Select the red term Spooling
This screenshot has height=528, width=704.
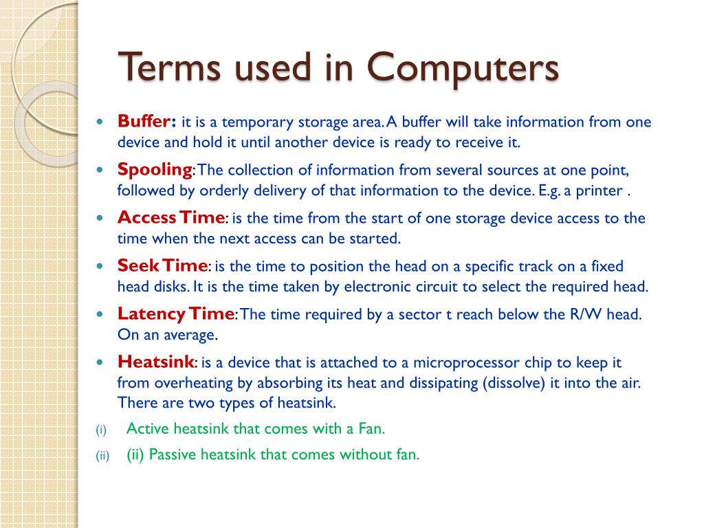click(x=155, y=169)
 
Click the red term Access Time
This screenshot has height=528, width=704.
click(x=171, y=217)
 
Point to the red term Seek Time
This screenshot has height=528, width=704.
click(x=162, y=265)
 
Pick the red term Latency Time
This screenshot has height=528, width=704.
click(x=176, y=313)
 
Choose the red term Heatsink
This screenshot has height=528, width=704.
click(x=156, y=362)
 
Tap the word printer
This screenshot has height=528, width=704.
click(x=598, y=190)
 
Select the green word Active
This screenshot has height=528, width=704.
click(x=148, y=429)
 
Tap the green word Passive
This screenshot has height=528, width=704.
click(x=171, y=454)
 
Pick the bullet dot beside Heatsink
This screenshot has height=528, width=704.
click(x=100, y=362)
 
